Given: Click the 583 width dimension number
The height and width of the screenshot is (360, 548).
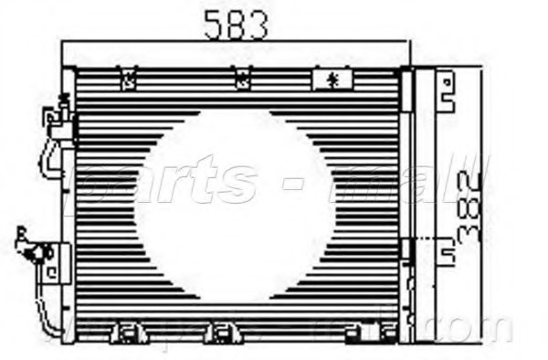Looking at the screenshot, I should (235, 25).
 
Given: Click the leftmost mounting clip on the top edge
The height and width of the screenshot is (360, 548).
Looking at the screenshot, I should (129, 80).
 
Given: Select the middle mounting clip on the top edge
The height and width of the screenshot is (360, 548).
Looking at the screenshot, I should (242, 80).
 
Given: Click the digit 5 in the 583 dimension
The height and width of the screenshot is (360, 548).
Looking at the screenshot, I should (213, 25).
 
